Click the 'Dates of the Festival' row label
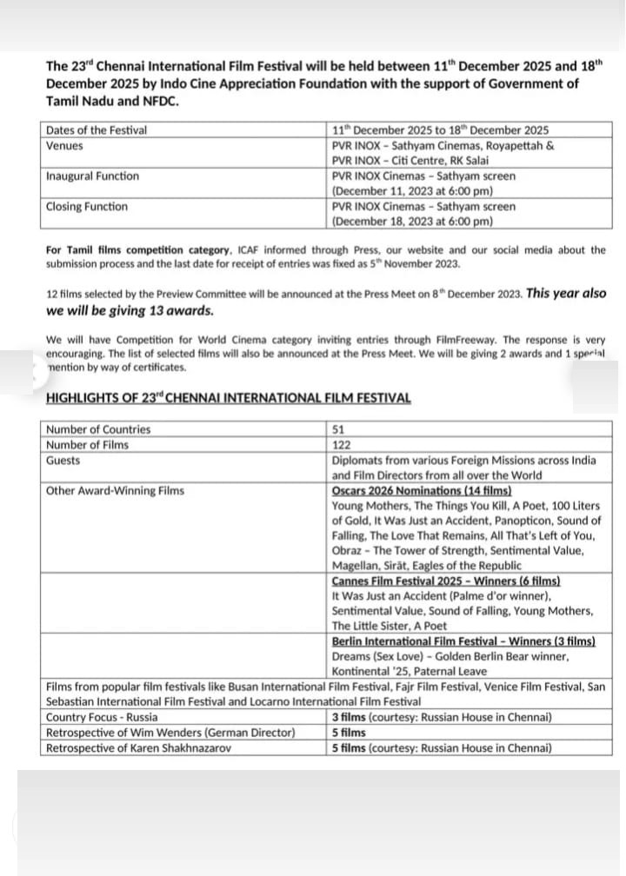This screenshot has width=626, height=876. [x=96, y=130]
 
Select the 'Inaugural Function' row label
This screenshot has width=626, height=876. [x=91, y=176]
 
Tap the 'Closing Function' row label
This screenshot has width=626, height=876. [x=86, y=207]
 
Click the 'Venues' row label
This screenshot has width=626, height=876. [x=64, y=146]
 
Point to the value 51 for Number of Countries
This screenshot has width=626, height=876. [x=339, y=429]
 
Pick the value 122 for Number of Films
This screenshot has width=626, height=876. [x=343, y=445]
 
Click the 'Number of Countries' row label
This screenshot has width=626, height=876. [x=97, y=429]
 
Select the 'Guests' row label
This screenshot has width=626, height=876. [x=63, y=461]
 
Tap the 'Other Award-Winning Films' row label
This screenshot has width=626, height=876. [x=115, y=491]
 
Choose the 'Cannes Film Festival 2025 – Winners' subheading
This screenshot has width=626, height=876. [x=446, y=581]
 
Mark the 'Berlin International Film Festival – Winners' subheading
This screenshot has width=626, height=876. [x=463, y=641]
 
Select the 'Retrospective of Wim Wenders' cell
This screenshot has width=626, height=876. [x=170, y=733]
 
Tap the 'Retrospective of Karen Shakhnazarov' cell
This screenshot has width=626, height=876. [x=138, y=747]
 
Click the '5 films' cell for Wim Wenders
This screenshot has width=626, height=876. [x=349, y=733]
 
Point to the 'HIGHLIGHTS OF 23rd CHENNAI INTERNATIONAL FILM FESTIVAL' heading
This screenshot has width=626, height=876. [x=229, y=398]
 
